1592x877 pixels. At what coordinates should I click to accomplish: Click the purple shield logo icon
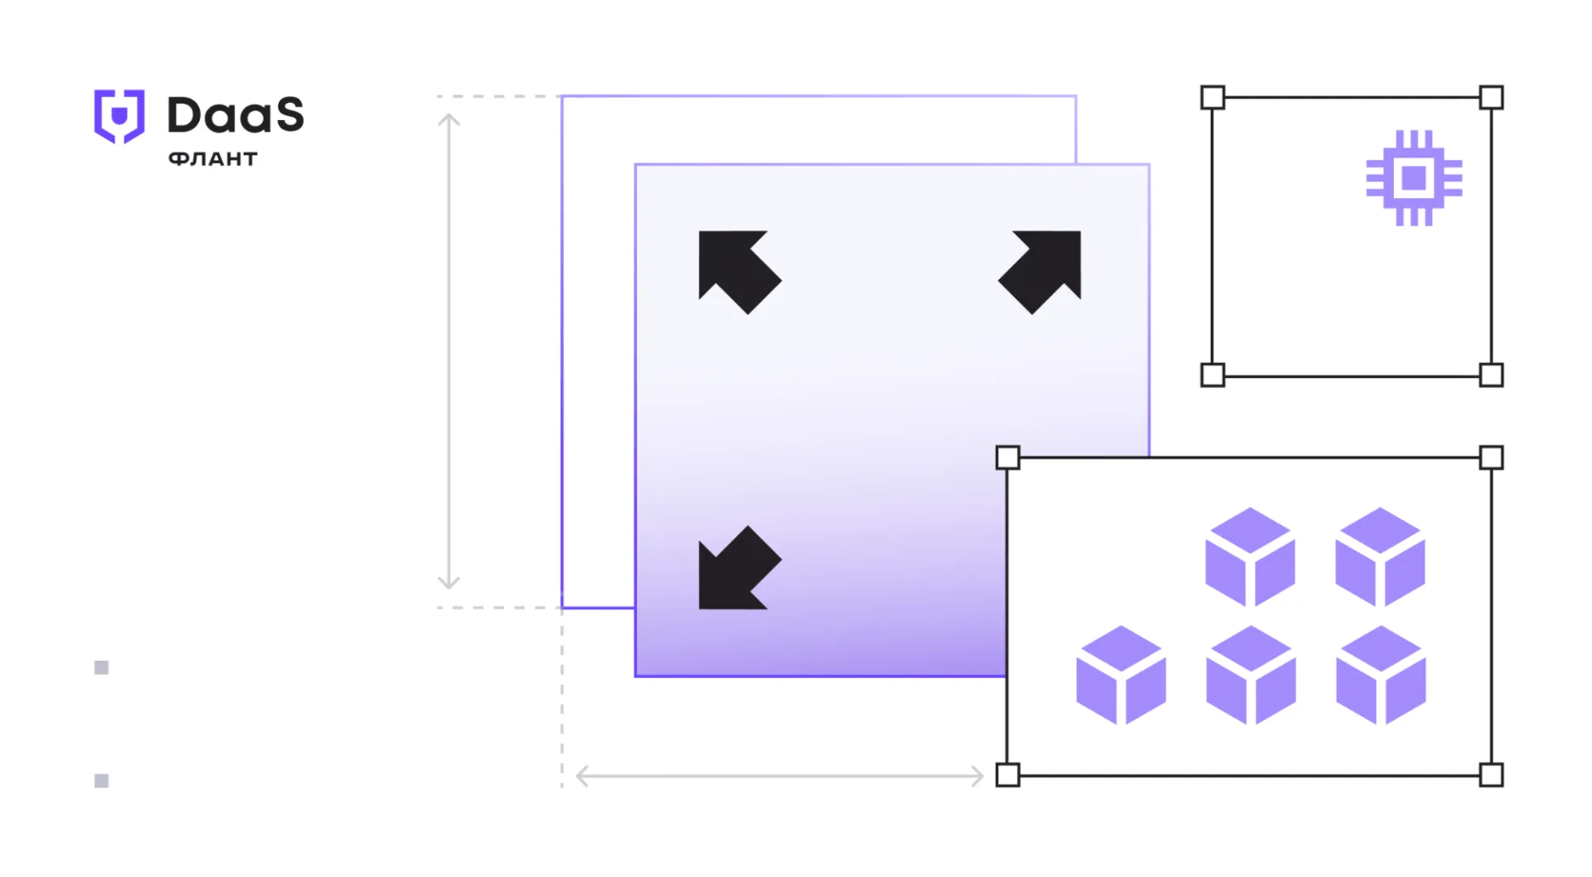pyautogui.click(x=119, y=116)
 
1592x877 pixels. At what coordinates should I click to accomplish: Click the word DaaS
pyautogui.click(x=236, y=114)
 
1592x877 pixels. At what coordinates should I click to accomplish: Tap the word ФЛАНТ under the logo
pyautogui.click(x=213, y=159)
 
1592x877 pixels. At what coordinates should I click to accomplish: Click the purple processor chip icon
pyautogui.click(x=1414, y=177)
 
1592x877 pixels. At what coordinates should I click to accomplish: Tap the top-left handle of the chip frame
pyautogui.click(x=1212, y=98)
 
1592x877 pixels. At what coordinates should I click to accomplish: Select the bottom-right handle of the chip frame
pyautogui.click(x=1491, y=375)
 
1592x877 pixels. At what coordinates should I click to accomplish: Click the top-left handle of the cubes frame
pyautogui.click(x=1007, y=458)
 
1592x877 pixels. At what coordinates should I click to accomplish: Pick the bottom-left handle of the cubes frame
pyautogui.click(x=1007, y=775)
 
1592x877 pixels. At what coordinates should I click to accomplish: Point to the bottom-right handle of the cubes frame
pyautogui.click(x=1491, y=775)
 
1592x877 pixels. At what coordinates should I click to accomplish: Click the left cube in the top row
pyautogui.click(x=1250, y=557)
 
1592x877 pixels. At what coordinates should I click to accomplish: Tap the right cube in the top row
pyautogui.click(x=1381, y=557)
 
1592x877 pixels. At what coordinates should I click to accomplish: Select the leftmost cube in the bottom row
pyautogui.click(x=1121, y=676)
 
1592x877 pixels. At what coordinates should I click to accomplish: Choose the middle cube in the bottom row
pyautogui.click(x=1250, y=676)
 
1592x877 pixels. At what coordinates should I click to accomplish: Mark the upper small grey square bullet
pyautogui.click(x=102, y=668)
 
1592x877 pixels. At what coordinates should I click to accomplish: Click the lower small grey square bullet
pyautogui.click(x=102, y=781)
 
